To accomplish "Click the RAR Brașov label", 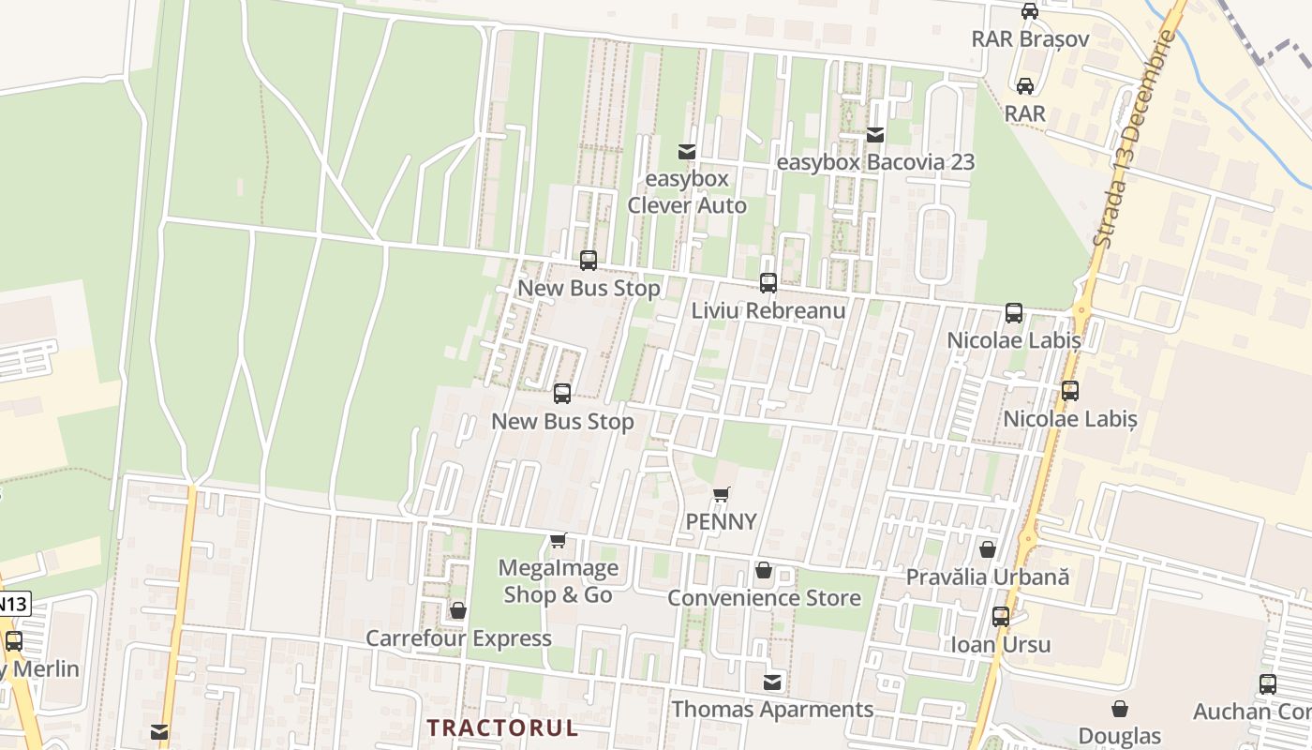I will pyautogui.click(x=1030, y=39).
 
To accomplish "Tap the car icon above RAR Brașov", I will pyautogui.click(x=1030, y=11).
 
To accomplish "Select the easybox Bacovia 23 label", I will pyautogui.click(x=876, y=162).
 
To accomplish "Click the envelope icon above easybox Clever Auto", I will pyautogui.click(x=687, y=151).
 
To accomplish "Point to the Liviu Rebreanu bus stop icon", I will pyautogui.click(x=768, y=282).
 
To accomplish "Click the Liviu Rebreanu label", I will pyautogui.click(x=768, y=310).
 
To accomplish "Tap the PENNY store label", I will pyautogui.click(x=721, y=521).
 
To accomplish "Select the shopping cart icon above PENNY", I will pyautogui.click(x=721, y=494).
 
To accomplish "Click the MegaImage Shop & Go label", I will pyautogui.click(x=559, y=581).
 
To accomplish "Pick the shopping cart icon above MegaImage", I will pyautogui.click(x=559, y=540).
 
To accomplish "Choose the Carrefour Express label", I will pyautogui.click(x=458, y=638).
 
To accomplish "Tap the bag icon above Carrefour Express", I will pyautogui.click(x=458, y=611).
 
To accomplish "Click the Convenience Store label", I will pyautogui.click(x=764, y=597).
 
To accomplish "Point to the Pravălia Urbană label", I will pyautogui.click(x=987, y=577).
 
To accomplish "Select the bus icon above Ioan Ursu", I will pyautogui.click(x=1001, y=617).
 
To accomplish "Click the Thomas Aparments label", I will pyautogui.click(x=772, y=710).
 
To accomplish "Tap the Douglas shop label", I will pyautogui.click(x=1119, y=736).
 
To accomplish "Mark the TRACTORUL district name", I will pyautogui.click(x=502, y=727).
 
